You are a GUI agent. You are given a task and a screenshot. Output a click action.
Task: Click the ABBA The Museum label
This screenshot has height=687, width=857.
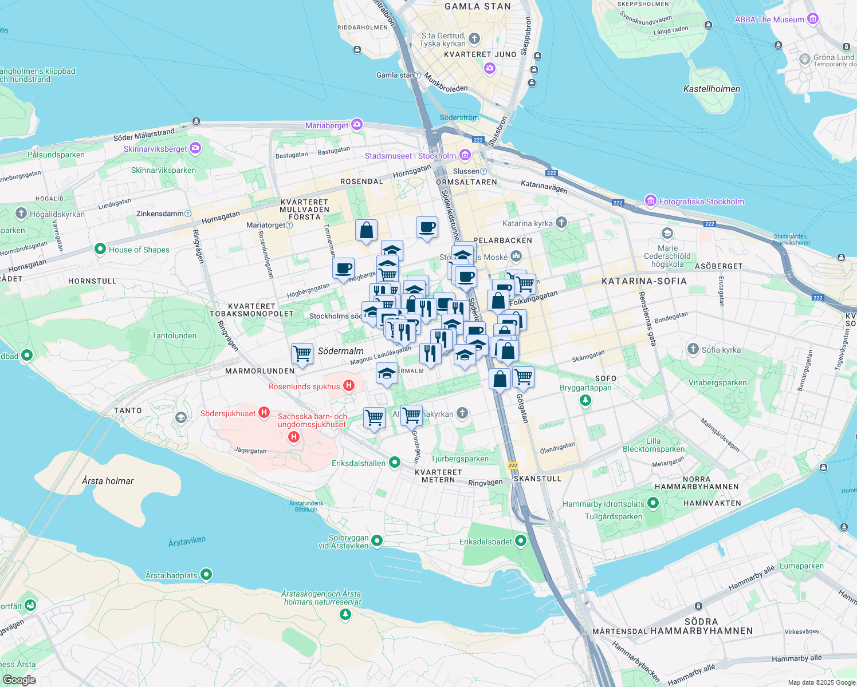point(769,19)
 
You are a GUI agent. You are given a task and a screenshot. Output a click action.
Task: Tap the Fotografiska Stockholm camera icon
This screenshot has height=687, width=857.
point(650,201)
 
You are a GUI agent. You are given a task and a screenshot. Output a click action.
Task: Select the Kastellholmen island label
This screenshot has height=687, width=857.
point(711,89)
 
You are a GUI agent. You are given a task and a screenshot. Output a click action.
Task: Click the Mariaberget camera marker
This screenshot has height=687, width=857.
point(357,125)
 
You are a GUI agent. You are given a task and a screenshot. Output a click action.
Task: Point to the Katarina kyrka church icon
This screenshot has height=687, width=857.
point(561,223)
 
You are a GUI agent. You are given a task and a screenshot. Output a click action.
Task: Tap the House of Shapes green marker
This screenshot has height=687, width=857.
point(100,249)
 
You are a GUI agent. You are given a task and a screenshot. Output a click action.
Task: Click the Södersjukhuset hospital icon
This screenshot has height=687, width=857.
point(264,412)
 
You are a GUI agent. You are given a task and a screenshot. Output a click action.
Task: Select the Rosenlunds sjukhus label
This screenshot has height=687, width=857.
point(304,386)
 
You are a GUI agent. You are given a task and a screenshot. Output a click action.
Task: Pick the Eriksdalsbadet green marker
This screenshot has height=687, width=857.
point(521,540)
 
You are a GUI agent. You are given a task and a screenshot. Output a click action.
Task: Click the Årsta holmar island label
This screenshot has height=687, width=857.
point(108,481)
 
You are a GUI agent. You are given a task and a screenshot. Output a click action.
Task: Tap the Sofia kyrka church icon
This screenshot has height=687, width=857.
point(693,349)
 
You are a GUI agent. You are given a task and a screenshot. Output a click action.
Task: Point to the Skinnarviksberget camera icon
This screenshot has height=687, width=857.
point(195,148)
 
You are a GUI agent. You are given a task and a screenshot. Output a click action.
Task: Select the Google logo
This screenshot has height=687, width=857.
point(19,680)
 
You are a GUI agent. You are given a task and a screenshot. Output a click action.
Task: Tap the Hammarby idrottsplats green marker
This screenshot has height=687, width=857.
point(653,503)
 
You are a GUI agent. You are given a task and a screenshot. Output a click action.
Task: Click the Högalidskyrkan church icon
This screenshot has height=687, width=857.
point(21,214)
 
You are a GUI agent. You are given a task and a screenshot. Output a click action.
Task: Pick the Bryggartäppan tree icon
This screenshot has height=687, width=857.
point(585,400)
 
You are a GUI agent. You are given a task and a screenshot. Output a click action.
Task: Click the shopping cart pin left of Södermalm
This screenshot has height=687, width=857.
point(302,353)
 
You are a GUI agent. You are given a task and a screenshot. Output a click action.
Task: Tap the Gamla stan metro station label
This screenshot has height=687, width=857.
point(395,75)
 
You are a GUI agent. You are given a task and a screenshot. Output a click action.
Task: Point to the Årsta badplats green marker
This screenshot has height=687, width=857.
point(206,574)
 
